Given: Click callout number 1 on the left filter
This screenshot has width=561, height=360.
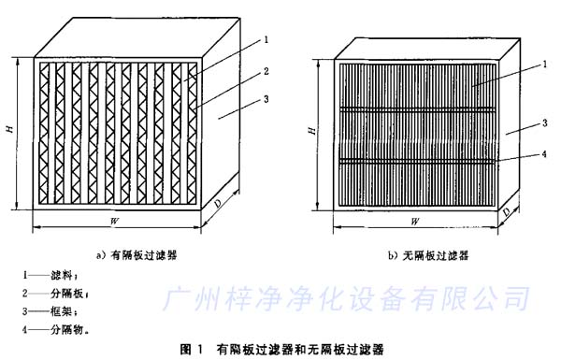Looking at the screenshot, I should (x=266, y=39).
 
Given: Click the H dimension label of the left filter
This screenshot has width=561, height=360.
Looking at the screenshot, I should (x=9, y=133).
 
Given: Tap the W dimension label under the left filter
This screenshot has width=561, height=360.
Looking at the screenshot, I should (x=114, y=221).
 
